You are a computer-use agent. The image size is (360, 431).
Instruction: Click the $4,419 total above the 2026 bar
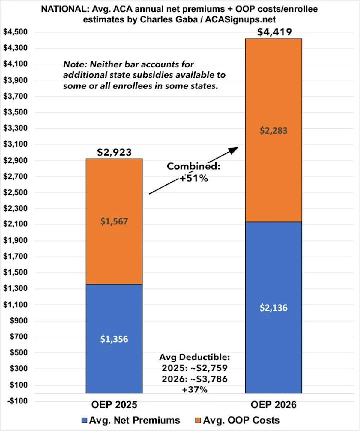coord(274,32)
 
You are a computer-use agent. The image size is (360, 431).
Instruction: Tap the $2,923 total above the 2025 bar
coord(114,152)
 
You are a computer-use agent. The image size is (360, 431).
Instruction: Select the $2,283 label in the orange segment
coord(273,131)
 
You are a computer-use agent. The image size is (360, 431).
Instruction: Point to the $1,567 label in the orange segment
coord(114,221)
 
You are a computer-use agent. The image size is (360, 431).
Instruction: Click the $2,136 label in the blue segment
coord(274,308)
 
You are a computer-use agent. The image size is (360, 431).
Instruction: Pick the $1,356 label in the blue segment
coord(114,339)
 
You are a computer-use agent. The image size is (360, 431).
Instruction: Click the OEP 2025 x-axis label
coord(114,405)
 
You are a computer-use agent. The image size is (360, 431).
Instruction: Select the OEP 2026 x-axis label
coord(274,405)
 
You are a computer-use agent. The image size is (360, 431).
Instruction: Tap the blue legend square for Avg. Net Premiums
coord(85,421)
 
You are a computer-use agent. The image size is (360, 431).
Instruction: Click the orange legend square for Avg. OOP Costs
coord(198,421)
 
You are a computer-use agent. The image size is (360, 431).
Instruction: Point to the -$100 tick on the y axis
coord(18,401)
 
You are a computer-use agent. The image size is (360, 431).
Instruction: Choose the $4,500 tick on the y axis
coord(15,32)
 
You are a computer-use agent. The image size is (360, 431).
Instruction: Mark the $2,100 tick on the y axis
coord(15,224)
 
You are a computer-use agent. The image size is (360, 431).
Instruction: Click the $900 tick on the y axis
coord(19,320)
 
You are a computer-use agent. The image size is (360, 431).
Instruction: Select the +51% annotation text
coord(194,178)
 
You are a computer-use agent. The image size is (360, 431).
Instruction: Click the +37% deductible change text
coord(195,390)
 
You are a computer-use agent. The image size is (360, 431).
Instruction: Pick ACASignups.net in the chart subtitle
coord(241,19)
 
